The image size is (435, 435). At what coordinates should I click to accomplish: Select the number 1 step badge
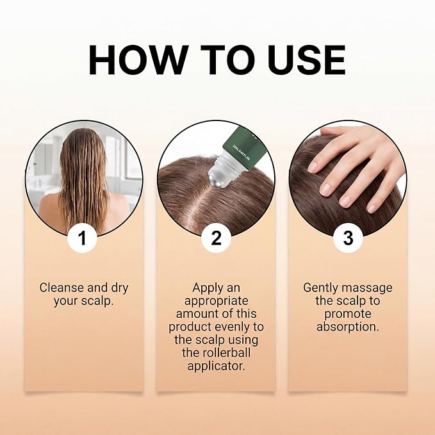pos(82,238)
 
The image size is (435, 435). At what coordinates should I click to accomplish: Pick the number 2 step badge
pos(216,238)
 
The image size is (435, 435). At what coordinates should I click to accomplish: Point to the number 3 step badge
pos(348,238)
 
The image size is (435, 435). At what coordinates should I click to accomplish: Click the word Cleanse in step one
pos(62,288)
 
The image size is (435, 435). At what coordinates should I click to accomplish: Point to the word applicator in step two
pos(217,366)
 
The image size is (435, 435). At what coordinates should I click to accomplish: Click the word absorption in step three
pos(348,327)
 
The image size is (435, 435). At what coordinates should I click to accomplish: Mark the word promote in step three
pos(348,315)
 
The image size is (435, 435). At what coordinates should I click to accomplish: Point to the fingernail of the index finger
pos(313,167)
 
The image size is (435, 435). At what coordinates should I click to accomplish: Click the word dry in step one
pos(120,288)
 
